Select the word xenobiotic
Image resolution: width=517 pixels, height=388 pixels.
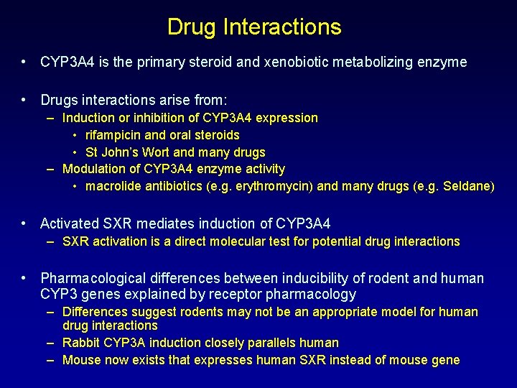click(306, 62)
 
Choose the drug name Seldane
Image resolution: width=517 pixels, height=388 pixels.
click(467, 187)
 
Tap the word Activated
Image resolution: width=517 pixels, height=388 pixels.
click(70, 224)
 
